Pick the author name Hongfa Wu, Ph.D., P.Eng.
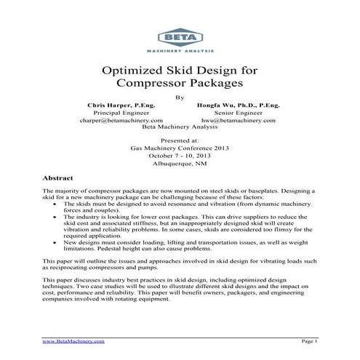238,105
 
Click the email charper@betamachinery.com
121,120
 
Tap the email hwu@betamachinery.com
236,120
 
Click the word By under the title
180,97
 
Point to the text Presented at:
180,139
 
